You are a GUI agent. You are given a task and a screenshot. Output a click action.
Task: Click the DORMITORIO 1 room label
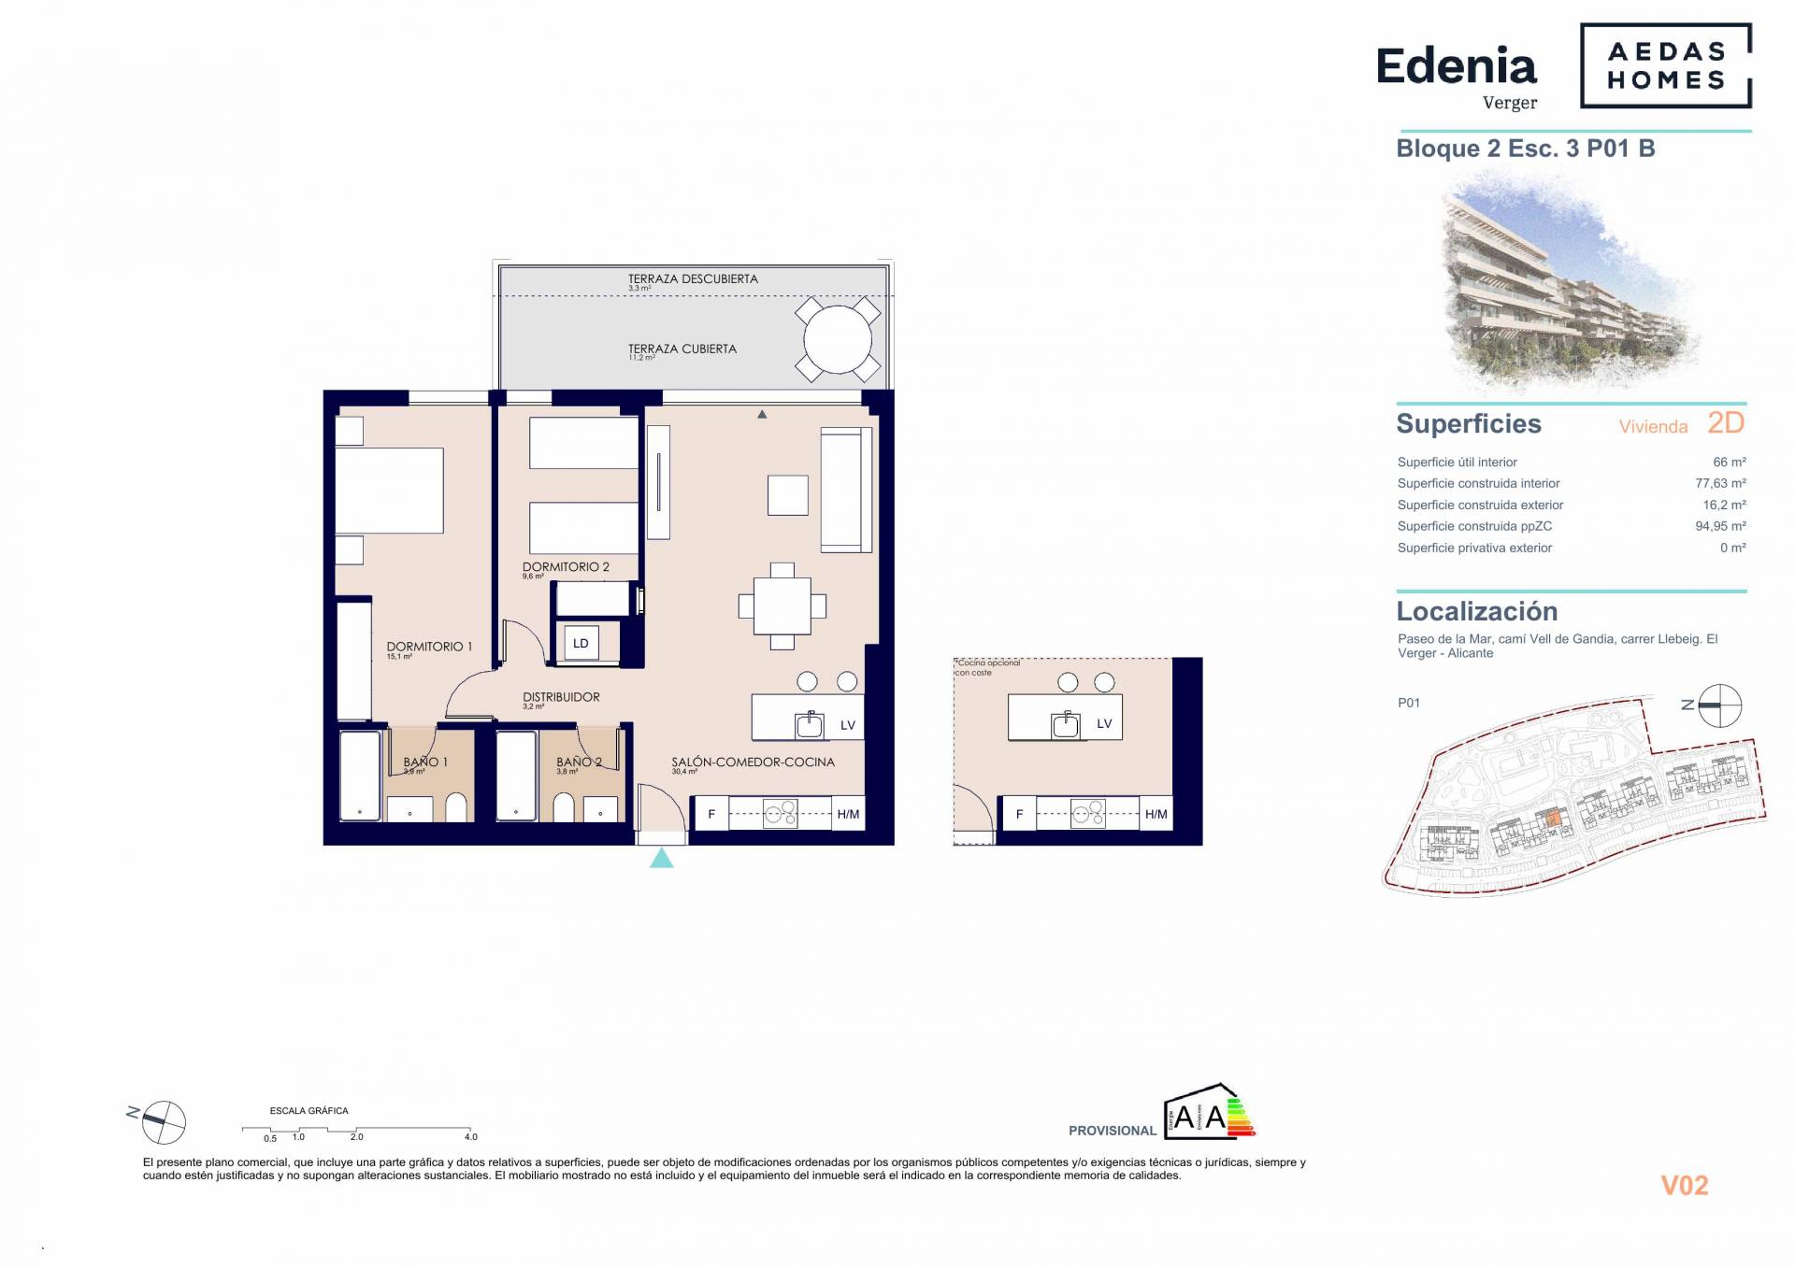pos(429,647)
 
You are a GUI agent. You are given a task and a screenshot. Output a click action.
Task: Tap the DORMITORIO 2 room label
pos(566,567)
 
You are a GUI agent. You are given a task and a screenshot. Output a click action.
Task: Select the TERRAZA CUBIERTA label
pos(682,349)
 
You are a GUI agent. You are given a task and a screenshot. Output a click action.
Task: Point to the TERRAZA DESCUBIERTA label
pos(693,279)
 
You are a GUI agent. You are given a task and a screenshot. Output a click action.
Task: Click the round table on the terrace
pos(838,340)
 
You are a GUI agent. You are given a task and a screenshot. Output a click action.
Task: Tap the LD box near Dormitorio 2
pos(581,644)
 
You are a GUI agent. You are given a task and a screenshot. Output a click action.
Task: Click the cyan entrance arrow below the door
pos(661,858)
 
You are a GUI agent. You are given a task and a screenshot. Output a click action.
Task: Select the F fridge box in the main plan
pos(711,814)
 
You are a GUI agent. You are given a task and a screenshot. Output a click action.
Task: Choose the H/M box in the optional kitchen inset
pos(1156,814)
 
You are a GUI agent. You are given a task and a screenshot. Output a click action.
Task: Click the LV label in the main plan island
pos(847,725)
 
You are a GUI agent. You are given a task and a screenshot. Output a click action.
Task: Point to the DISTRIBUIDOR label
pos(561,697)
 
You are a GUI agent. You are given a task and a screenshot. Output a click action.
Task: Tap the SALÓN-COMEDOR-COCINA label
pos(753,762)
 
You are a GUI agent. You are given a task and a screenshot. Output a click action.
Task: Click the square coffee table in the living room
pos(787,495)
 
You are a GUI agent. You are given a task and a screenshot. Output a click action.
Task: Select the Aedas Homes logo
pos(1665,66)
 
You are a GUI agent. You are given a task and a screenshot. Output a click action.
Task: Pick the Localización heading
pos(1476,611)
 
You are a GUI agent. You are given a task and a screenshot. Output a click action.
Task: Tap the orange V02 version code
pos(1684,1186)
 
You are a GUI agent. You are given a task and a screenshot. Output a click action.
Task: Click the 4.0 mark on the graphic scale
pos(470,1136)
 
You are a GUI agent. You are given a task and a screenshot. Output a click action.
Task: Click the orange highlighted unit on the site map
pos(1551,818)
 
